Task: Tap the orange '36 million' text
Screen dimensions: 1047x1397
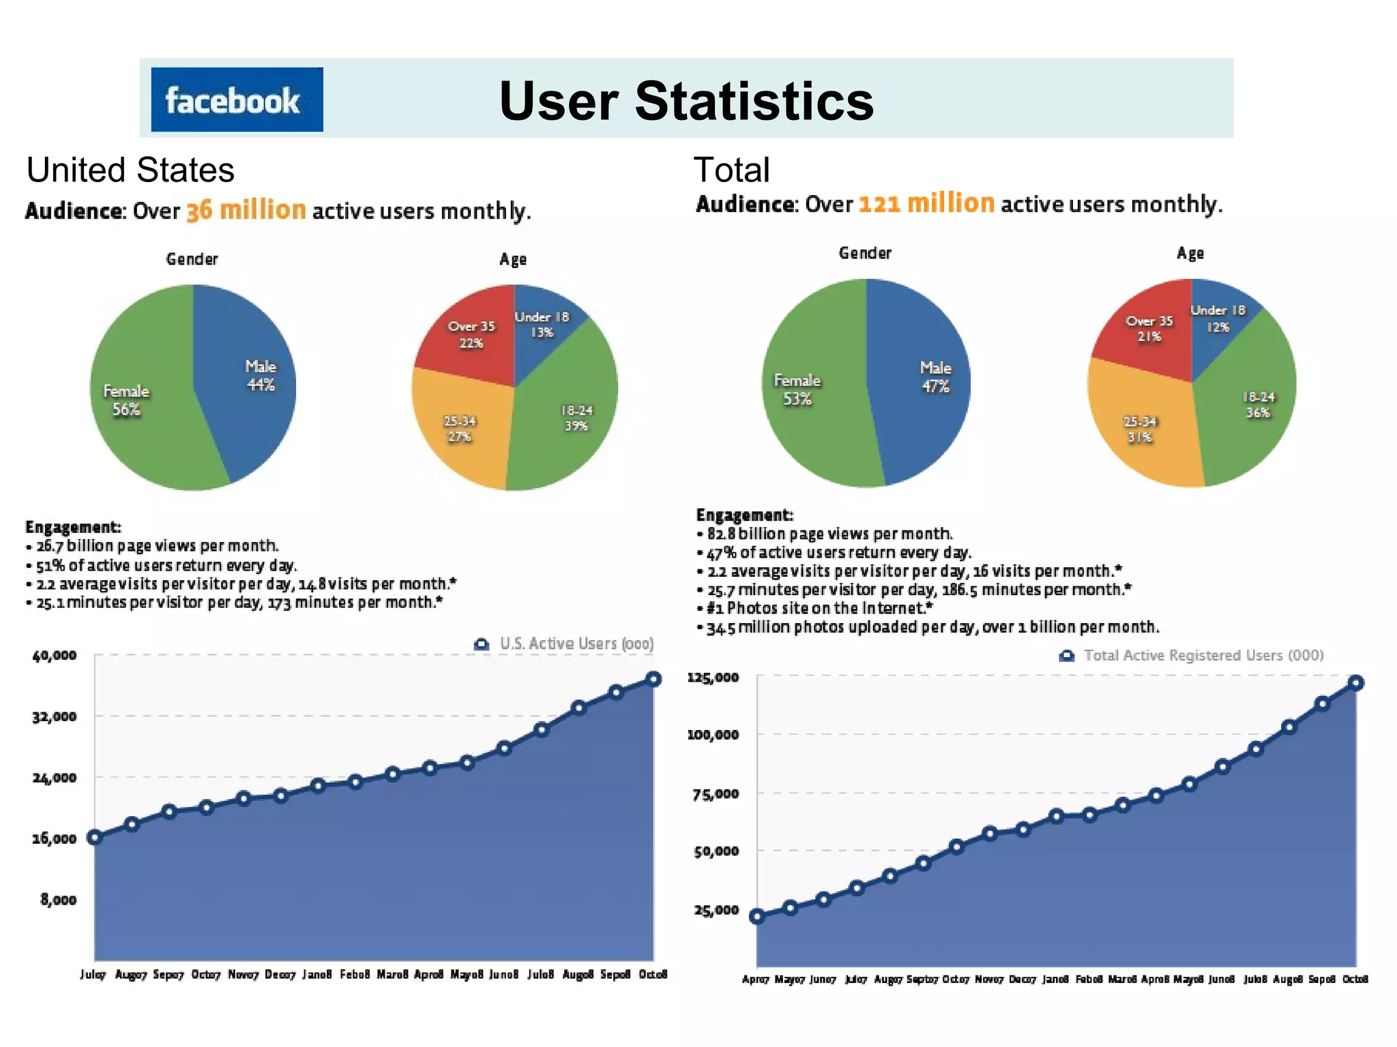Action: (246, 210)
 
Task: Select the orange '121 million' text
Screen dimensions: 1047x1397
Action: (926, 203)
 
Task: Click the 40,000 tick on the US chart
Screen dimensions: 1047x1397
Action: (55, 656)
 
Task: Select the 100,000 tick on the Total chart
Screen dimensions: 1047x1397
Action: (713, 735)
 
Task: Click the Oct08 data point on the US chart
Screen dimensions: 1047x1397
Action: (653, 679)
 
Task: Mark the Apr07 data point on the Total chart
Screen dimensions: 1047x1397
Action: (756, 917)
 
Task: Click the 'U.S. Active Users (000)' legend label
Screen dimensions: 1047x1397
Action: (576, 643)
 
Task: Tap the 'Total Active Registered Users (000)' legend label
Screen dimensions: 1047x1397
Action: (1203, 655)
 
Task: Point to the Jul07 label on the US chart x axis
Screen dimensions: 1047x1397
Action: (93, 975)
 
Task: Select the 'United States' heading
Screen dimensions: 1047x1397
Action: (130, 170)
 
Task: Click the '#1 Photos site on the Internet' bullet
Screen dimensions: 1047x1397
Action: (819, 608)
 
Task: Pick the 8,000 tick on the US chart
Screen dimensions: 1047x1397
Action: (58, 900)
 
